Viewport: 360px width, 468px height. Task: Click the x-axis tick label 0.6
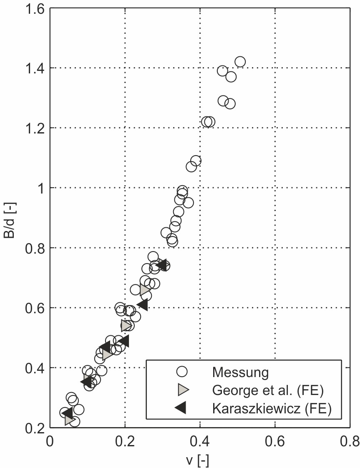point(275,441)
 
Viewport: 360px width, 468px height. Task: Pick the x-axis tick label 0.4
point(200,441)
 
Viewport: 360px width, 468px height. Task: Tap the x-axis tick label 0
point(50,441)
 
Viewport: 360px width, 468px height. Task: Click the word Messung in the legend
point(240,372)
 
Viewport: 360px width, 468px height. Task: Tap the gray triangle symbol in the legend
point(182,390)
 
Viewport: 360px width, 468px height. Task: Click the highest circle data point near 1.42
point(240,62)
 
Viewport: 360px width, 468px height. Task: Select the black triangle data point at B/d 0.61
point(142,305)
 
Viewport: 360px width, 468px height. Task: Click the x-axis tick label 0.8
point(350,441)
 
